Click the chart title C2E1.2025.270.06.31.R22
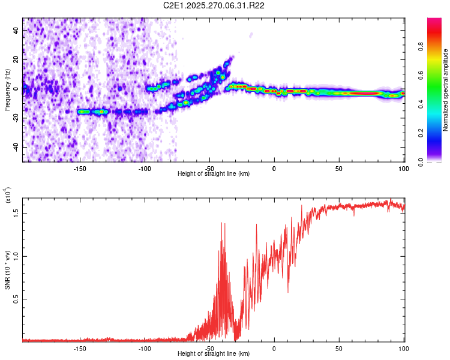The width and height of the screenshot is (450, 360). click(214, 5)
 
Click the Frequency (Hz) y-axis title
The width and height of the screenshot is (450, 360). click(7, 90)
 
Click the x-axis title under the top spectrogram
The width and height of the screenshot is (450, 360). click(214, 174)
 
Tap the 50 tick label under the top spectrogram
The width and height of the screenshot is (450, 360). click(338, 168)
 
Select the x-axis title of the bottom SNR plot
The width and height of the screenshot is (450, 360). click(214, 354)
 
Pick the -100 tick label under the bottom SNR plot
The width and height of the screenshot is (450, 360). click(144, 348)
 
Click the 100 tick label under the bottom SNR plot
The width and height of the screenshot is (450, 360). click(403, 348)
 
